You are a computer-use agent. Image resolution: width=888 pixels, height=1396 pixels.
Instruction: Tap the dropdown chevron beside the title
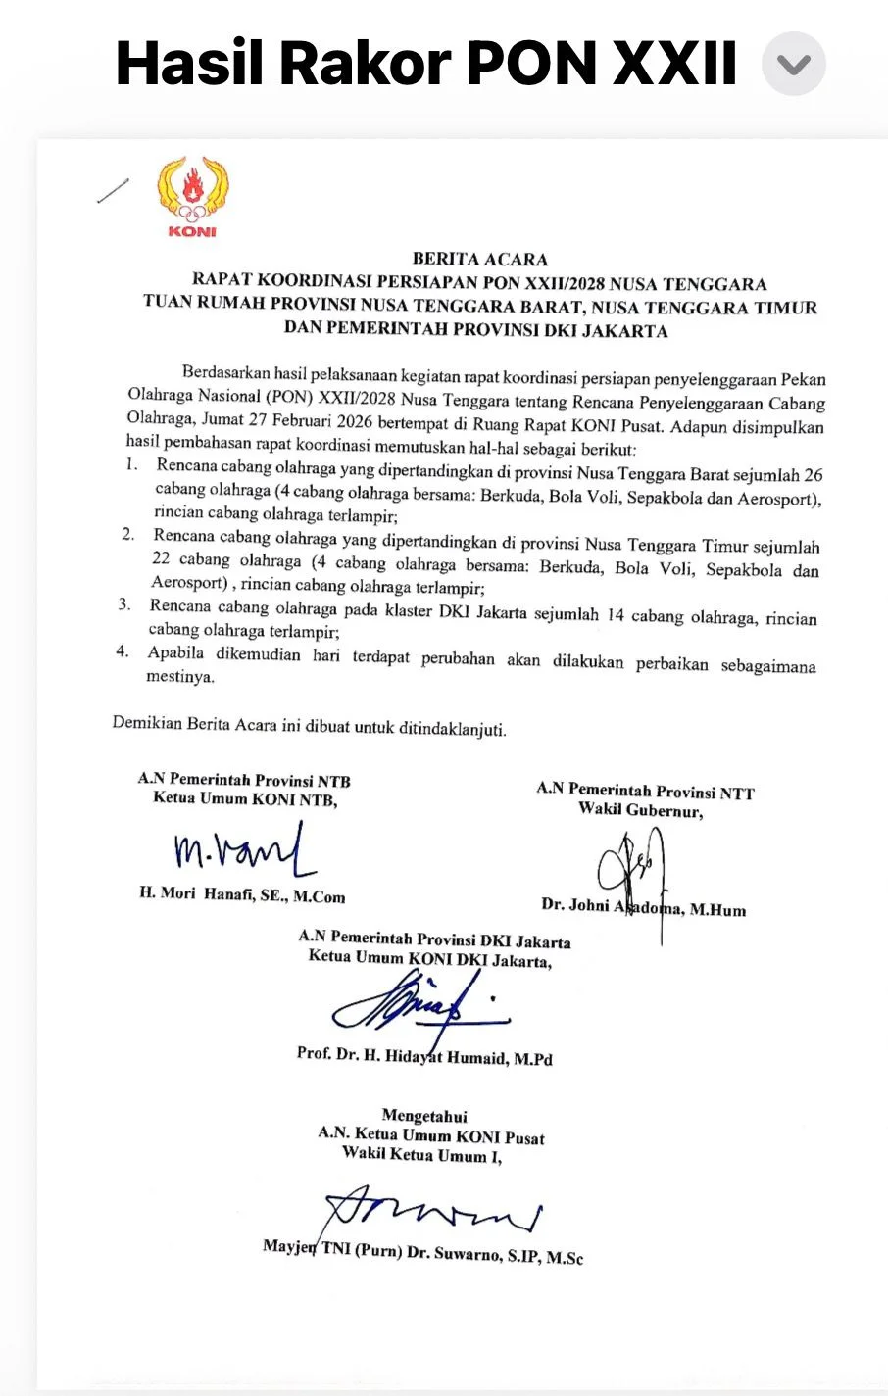(x=794, y=65)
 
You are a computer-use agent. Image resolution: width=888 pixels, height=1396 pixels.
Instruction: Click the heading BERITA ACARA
(x=479, y=260)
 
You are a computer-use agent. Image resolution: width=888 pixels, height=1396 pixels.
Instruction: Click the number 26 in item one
(x=813, y=475)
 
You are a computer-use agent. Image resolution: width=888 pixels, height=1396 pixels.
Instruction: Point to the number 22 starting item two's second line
(x=161, y=558)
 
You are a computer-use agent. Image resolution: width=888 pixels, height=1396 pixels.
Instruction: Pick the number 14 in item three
(x=615, y=615)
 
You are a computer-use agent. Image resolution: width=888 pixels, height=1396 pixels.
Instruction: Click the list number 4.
(x=123, y=651)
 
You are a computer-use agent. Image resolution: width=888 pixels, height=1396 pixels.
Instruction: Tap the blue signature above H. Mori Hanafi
(x=241, y=849)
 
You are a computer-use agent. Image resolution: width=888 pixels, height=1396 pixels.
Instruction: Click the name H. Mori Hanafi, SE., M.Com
(x=242, y=894)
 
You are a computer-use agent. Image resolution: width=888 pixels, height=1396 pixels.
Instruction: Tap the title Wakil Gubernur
(x=640, y=809)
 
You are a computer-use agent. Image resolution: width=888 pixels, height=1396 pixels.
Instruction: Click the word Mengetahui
(x=424, y=1116)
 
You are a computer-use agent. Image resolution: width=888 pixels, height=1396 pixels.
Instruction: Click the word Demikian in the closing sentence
(x=147, y=723)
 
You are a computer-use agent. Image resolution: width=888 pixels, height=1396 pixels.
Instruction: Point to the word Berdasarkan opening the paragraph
(x=226, y=372)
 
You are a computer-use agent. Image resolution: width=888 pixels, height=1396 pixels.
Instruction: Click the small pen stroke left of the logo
(x=114, y=191)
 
